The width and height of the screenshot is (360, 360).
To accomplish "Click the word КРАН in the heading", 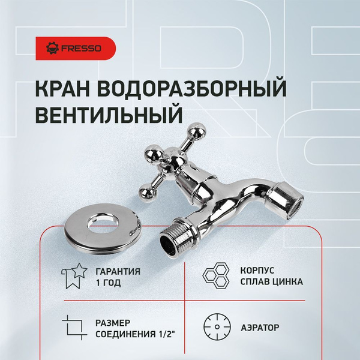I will click(66, 88).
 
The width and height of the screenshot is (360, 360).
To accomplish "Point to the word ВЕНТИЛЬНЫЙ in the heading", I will click(109, 114).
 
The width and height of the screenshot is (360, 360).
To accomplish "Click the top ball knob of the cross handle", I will click(195, 132).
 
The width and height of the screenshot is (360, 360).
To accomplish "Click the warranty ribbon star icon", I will click(73, 277).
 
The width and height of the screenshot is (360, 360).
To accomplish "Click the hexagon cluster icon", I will click(216, 277).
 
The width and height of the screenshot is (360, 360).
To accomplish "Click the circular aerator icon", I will click(215, 328).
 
